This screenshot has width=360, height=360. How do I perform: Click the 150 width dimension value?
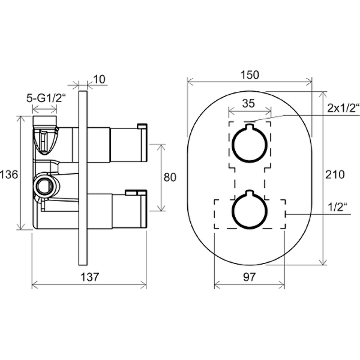(250, 75)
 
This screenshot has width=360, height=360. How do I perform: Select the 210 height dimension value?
(335, 175)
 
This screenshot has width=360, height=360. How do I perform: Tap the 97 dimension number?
(249, 277)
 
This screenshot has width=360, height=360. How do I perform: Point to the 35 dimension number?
(248, 103)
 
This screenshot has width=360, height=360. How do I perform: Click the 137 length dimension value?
(90, 277)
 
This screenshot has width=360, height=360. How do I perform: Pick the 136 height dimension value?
(9, 175)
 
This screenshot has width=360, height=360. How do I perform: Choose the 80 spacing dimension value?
(170, 177)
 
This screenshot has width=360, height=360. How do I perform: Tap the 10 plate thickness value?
(99, 80)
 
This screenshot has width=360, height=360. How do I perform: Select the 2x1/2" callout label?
(343, 108)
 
